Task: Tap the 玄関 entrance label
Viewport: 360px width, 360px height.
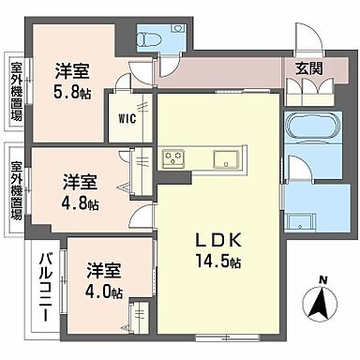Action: click(x=309, y=67)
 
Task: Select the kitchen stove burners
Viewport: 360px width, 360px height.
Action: click(x=174, y=157)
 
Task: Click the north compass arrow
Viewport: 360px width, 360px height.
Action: click(x=321, y=302)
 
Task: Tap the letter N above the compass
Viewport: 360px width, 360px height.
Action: click(x=322, y=278)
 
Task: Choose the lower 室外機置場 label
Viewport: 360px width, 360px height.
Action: click(x=16, y=187)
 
